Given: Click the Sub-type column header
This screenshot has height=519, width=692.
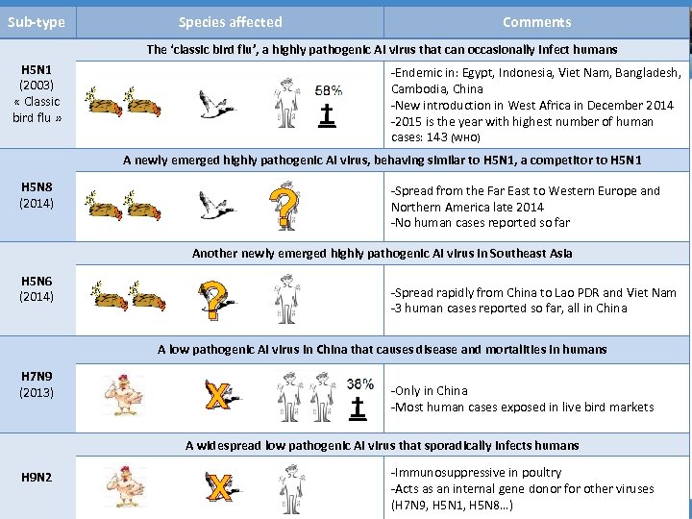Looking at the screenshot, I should tap(37, 22).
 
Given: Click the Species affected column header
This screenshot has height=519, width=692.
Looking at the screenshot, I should tap(230, 22).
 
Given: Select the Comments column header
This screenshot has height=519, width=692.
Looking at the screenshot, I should tap(536, 22).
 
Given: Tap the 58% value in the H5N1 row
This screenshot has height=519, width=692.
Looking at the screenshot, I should tap(330, 89).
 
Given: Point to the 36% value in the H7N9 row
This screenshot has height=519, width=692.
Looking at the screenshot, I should tap(359, 383).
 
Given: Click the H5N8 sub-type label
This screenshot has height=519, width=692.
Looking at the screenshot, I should tap(37, 195).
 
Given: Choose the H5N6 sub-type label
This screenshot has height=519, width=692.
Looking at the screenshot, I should tap(37, 288).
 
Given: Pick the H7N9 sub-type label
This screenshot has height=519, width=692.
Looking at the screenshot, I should tap(37, 383).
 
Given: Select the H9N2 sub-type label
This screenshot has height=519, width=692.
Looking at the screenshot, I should tap(37, 478).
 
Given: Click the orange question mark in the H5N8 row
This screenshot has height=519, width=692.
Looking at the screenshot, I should tap(282, 207).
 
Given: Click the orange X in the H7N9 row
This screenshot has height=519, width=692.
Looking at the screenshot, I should tap(219, 395).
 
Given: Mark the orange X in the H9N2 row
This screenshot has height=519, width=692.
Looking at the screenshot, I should tap(220, 486).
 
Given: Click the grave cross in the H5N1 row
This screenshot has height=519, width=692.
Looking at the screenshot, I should tap(329, 115).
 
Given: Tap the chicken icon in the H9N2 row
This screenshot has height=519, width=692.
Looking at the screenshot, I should tap(123, 485).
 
